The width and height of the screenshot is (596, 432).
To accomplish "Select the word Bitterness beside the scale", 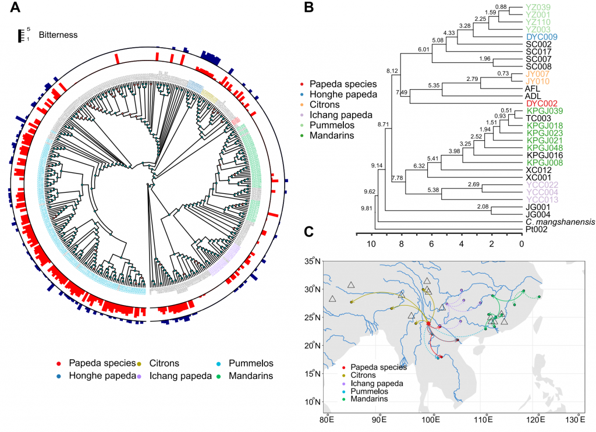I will tap(58, 35).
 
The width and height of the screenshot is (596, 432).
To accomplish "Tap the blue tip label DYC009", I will tap(542, 37).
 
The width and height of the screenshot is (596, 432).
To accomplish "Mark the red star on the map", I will tap(428, 323).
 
